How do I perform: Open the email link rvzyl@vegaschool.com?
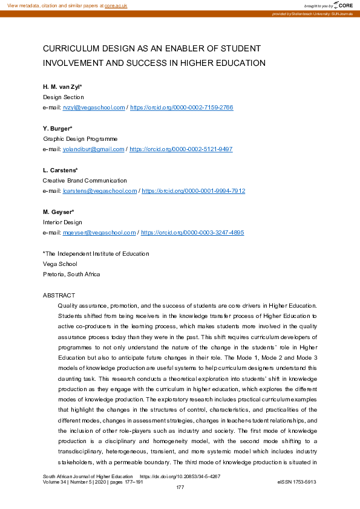click(x=94, y=107)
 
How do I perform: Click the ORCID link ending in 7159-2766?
click(x=182, y=107)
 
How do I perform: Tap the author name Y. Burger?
click(x=57, y=128)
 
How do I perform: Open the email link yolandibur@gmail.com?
click(x=94, y=149)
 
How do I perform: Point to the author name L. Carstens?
click(x=60, y=170)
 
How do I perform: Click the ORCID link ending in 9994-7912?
click(x=194, y=190)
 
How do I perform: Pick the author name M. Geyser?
click(x=58, y=212)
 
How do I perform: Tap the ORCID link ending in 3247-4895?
click(x=192, y=232)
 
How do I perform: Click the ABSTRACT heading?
click(x=59, y=295)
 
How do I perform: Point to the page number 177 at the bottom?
click(x=180, y=487)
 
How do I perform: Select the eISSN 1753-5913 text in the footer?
click(x=296, y=482)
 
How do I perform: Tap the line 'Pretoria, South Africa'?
click(x=71, y=274)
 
